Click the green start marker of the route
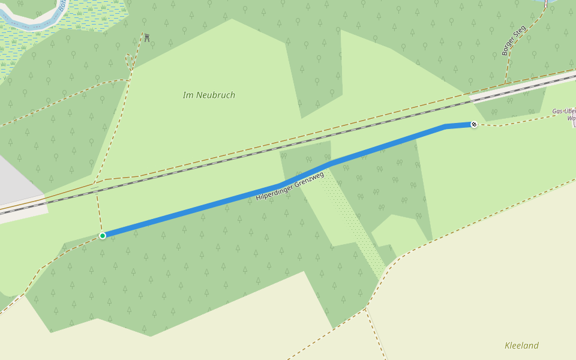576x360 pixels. tap(103, 236)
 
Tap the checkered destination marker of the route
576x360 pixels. tap(474, 124)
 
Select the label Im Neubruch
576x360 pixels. tap(209, 95)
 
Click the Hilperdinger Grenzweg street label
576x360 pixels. tap(290, 186)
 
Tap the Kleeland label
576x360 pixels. tap(521, 346)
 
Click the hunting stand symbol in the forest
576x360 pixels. tap(146, 38)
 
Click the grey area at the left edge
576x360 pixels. tap(15, 180)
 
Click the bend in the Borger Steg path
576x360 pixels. tap(528, 30)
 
